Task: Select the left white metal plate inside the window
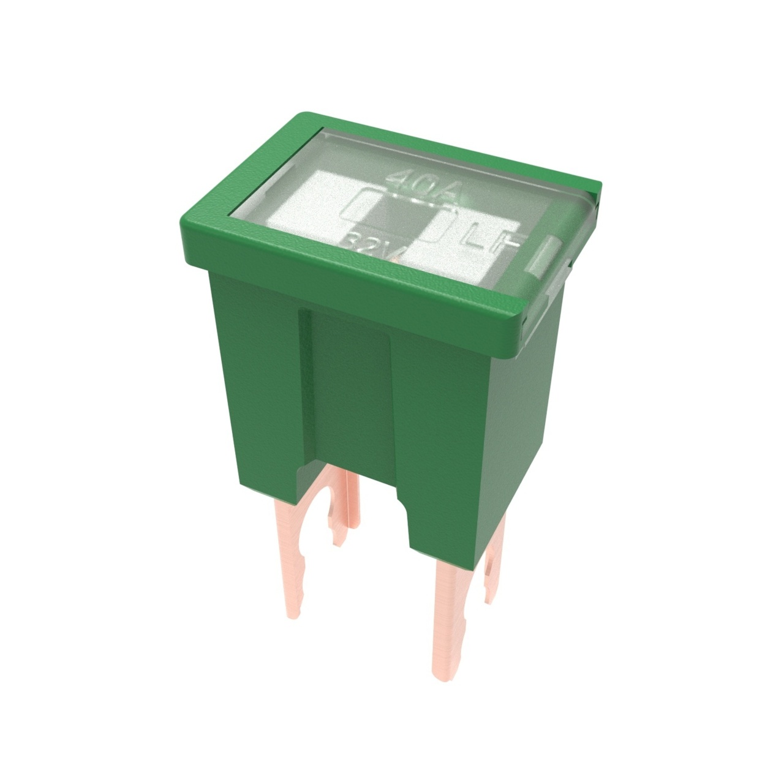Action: [340, 202]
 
